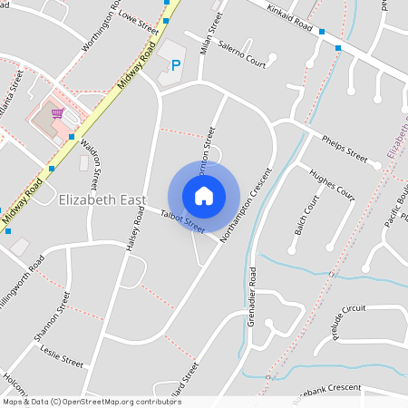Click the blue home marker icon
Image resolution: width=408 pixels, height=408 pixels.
[x=204, y=196]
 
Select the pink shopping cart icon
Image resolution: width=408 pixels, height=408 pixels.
[x=58, y=113]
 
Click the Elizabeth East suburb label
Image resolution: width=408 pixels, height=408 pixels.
[x=102, y=199]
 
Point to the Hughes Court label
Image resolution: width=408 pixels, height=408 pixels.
[x=332, y=181]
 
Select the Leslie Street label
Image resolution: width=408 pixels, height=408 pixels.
[x=62, y=355]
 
